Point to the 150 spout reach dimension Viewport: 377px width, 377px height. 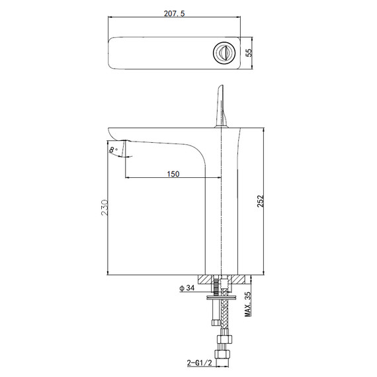(173, 173)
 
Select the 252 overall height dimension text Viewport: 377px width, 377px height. (260, 200)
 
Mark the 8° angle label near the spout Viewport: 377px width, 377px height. (115, 150)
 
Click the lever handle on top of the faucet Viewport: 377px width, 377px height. (220, 106)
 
